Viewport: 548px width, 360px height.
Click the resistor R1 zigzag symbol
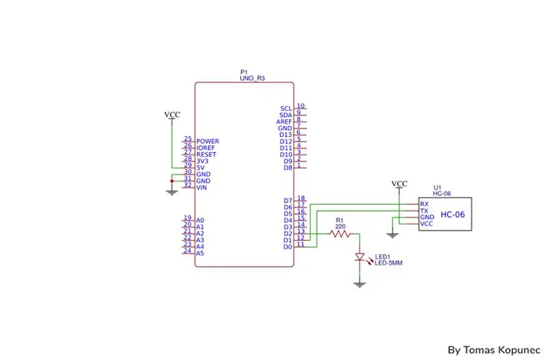340,234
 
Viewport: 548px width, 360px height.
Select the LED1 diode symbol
360,257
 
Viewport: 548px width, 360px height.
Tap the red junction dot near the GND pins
172,181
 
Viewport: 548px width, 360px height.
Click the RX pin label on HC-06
424,204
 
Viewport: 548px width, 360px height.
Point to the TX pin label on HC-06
424,211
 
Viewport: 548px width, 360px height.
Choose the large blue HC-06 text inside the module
453,214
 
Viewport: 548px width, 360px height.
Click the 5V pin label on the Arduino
200,168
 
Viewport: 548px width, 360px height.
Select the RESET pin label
206,155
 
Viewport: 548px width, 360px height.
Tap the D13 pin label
286,135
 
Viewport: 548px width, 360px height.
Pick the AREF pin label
284,122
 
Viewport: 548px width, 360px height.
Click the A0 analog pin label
200,220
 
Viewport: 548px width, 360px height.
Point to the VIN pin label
201,188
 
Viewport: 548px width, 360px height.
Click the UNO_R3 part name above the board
252,78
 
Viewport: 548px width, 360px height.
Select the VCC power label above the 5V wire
172,114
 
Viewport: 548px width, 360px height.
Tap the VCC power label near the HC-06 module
399,183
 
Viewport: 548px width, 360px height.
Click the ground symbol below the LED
360,284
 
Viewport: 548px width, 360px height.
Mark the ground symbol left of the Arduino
172,193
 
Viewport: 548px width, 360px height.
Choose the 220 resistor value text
340,227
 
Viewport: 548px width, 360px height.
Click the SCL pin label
286,109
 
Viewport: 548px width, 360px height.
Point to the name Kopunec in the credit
519,350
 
